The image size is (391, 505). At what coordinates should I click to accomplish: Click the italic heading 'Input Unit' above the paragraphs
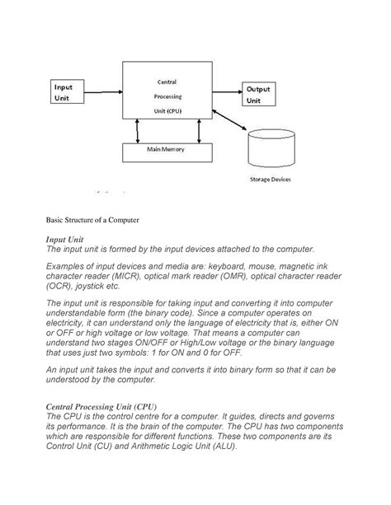pyautogui.click(x=65, y=239)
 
